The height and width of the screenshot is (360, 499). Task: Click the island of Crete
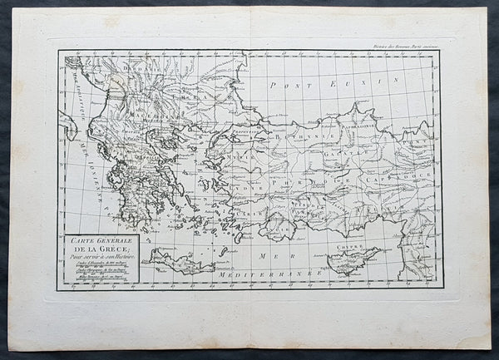[179, 264]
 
